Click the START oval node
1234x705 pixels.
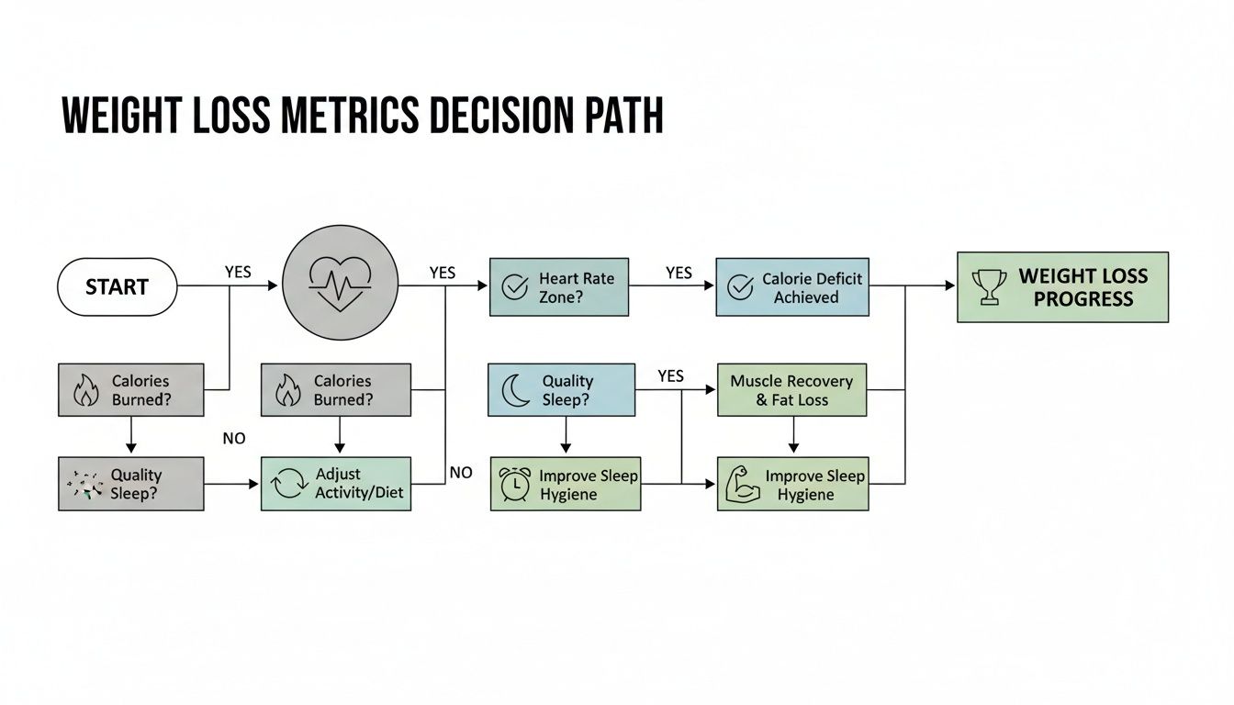pos(117,287)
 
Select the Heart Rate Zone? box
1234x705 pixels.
pos(558,287)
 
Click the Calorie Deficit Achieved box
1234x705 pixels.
pos(791,287)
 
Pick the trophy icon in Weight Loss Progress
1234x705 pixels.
pos(988,286)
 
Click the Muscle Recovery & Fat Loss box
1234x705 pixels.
pos(791,390)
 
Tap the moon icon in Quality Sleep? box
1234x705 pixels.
pos(516,390)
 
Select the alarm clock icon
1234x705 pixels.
pos(514,485)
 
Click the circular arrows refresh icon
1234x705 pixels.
pos(289,485)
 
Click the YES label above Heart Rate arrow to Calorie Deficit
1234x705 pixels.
pos(679,273)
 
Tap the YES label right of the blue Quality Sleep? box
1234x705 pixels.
pos(671,376)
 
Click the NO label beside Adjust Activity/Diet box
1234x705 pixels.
pos(461,472)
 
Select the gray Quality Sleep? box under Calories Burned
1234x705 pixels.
pos(130,485)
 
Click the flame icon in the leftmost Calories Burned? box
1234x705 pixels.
pos(84,390)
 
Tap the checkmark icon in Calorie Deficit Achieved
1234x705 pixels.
pos(740,287)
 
